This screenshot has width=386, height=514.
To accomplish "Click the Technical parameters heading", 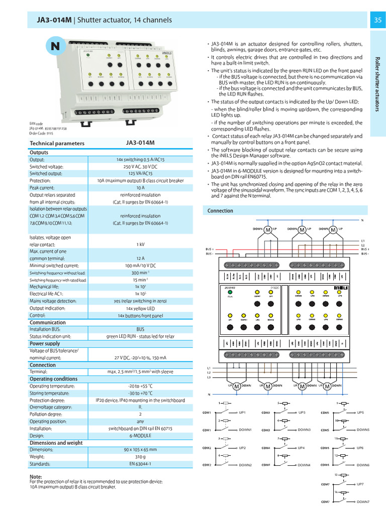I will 57,143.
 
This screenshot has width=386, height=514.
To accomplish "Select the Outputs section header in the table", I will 39,153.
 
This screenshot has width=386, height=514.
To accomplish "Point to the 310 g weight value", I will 140,457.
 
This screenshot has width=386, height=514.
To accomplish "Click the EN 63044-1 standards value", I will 140,464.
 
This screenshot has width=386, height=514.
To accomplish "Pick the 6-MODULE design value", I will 140,436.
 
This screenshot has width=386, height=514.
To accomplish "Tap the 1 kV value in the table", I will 140,244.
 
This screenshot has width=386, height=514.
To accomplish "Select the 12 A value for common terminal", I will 140,259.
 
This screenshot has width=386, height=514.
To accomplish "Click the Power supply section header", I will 45,344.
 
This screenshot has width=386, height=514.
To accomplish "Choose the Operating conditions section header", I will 54,379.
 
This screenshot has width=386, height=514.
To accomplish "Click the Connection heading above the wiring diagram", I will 220,211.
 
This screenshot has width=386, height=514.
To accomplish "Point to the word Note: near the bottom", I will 36,476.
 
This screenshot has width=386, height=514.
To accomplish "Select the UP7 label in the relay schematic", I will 360,484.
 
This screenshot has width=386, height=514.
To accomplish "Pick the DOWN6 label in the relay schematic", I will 363,465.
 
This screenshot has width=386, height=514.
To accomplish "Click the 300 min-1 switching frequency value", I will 140,273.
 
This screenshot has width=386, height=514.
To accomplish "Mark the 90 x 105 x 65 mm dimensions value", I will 140,450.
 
